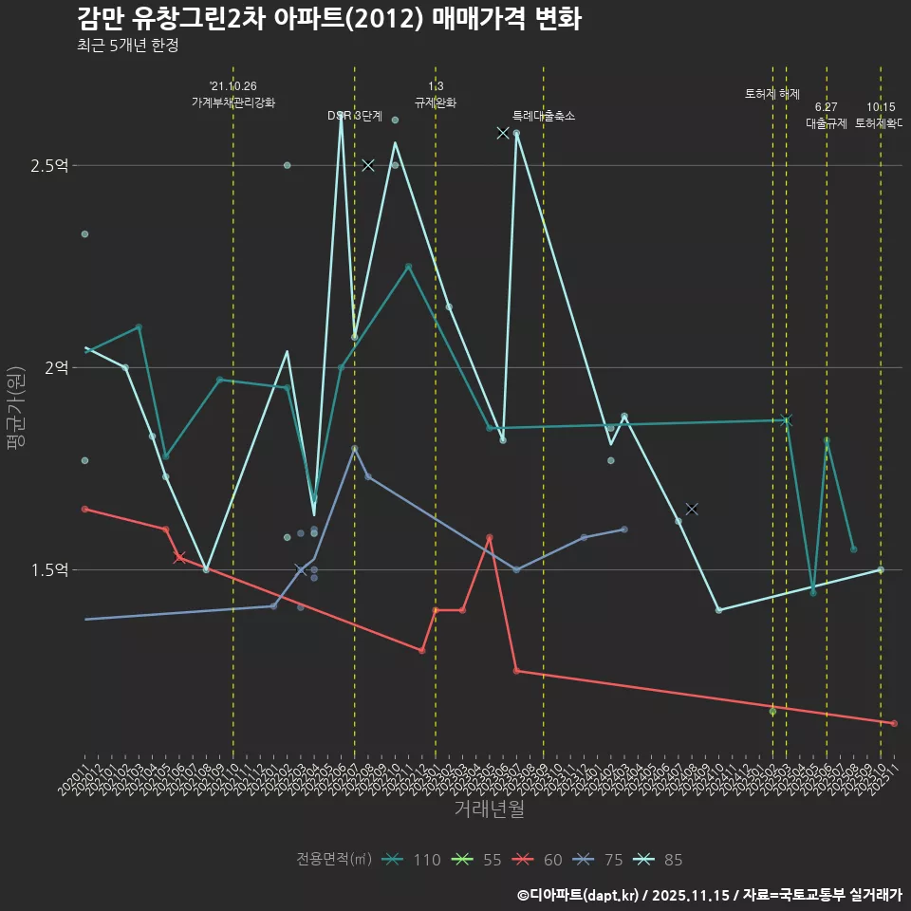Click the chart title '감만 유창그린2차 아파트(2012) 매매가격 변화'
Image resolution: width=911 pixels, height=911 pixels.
[x=328, y=18]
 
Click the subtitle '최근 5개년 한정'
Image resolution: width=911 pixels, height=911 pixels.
[x=127, y=45]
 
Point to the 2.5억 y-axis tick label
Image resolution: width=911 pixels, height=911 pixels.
[x=49, y=165]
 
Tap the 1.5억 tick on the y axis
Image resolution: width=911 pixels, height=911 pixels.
[x=49, y=569]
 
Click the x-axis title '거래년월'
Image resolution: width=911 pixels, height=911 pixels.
[x=489, y=809]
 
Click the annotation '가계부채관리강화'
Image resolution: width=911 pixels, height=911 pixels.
[x=233, y=102]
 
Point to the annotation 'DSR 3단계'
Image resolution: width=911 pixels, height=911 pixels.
[x=355, y=116]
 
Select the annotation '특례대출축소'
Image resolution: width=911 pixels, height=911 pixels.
[x=544, y=116]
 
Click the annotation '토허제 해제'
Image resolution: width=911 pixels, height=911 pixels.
[x=772, y=94]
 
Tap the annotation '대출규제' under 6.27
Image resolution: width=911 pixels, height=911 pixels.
[x=827, y=123]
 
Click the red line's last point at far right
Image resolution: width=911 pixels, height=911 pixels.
[x=894, y=723]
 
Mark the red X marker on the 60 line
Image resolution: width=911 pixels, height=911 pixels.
[x=178, y=557]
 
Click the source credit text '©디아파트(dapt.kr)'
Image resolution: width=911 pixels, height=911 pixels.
[x=578, y=894]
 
